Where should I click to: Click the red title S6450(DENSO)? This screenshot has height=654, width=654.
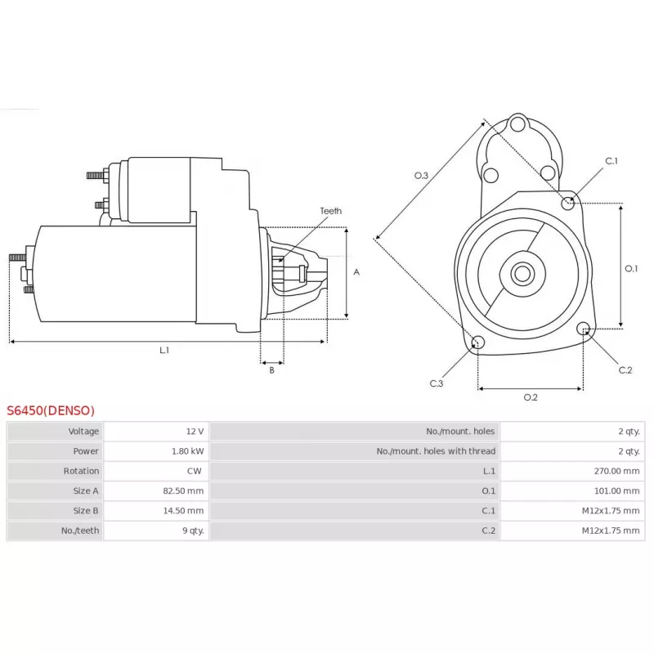tap(51, 410)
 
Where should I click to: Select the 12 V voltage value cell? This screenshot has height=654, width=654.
tap(195, 432)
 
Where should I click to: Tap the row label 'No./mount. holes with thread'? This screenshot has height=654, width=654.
tap(436, 451)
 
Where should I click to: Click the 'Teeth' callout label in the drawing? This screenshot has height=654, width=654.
tap(330, 211)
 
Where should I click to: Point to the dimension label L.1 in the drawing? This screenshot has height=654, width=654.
tap(164, 350)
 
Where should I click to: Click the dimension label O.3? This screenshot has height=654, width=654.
tap(422, 175)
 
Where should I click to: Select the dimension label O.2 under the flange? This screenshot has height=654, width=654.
tap(530, 398)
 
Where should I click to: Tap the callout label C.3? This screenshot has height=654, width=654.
tap(437, 383)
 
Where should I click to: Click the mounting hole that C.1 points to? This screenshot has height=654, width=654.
tap(568, 202)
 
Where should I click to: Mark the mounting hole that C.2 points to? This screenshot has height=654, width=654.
tap(583, 329)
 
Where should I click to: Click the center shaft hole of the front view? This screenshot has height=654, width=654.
tap(522, 273)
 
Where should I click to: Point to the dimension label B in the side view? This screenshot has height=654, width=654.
tap(271, 370)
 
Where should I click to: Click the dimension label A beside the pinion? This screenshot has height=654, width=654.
tap(356, 272)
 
